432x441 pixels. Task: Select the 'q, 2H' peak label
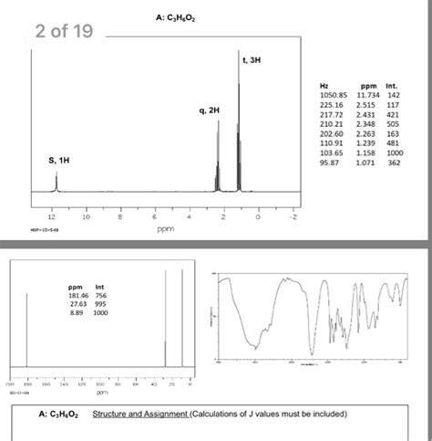click(208, 110)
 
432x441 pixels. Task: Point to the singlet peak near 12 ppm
click(57, 183)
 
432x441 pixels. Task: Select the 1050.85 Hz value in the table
click(329, 94)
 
